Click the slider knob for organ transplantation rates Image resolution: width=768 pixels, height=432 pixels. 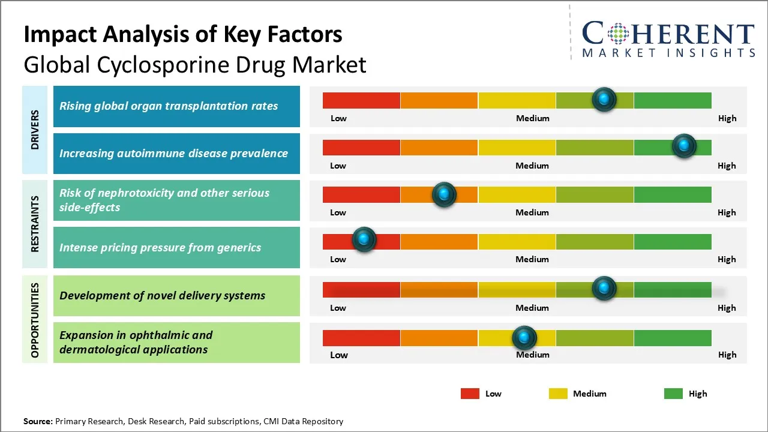[x=604, y=99]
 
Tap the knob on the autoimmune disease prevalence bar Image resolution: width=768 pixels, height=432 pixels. [x=683, y=146]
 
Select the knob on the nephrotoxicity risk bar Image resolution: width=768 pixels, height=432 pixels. [x=444, y=194]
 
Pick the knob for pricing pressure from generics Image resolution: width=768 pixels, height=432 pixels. [x=364, y=239]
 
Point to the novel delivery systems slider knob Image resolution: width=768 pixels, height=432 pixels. [x=604, y=288]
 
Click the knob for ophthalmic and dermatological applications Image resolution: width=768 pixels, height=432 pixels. [x=524, y=337]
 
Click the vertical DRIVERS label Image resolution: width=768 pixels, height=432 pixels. [x=35, y=130]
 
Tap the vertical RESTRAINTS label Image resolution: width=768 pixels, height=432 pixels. [x=35, y=223]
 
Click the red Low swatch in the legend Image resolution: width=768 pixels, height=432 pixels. [x=470, y=394]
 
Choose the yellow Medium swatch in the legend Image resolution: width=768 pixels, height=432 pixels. [x=558, y=394]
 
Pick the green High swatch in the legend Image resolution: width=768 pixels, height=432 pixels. [x=673, y=394]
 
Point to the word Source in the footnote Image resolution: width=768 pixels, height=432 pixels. [x=37, y=421]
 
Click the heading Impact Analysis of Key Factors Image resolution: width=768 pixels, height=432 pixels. [x=183, y=35]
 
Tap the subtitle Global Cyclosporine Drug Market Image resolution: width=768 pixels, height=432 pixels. [x=195, y=64]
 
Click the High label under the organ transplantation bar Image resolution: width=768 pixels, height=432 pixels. [x=727, y=118]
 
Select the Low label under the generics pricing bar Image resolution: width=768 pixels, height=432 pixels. [x=338, y=259]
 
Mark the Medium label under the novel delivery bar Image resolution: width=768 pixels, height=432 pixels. [x=532, y=308]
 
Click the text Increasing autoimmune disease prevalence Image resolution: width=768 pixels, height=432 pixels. [x=173, y=153]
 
